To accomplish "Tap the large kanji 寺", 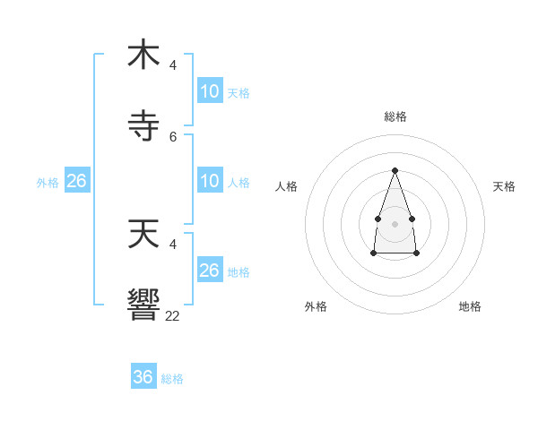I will pos(143,126).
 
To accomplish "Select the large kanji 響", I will pos(143,305).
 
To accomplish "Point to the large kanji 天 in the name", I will pos(143,234).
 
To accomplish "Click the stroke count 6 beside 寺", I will pos(173,137).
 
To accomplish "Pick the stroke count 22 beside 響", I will pos(173,315).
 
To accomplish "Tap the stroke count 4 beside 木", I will pos(173,64).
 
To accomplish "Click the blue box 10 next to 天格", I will pos(209,91).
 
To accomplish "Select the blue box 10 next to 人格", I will pos(209,181).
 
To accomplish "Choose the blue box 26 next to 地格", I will pos(209,271).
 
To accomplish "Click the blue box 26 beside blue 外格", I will pos(76,181).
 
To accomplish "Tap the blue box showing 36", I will pos(143,377).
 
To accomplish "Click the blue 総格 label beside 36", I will pos(172,379).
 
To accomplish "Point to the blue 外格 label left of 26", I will pos(48,183).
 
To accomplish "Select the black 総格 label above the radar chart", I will pos(395,116).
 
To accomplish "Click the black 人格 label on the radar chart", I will pos(287,186).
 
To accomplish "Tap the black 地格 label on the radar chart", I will pos(470,306).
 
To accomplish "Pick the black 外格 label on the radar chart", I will pos(316,306).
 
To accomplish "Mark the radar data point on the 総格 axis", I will pos(395,170).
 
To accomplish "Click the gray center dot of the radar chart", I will pos(395,223).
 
